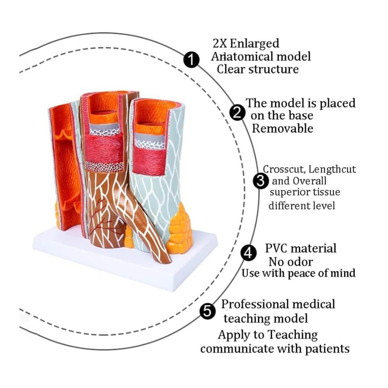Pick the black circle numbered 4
248,253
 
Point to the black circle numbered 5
208,311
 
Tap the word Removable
282,128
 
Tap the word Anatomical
240,57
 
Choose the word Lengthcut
335,169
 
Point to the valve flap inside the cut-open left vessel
64,136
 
